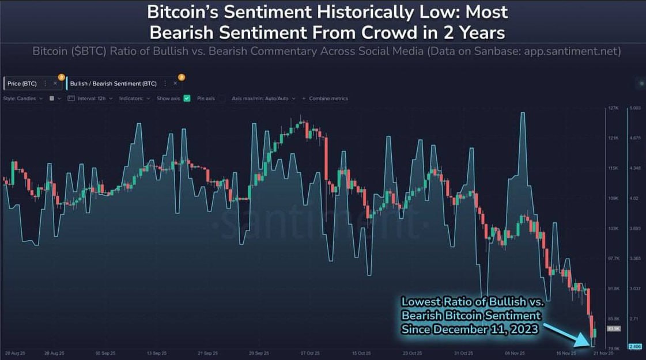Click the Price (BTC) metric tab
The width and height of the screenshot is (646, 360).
pyautogui.click(x=22, y=84)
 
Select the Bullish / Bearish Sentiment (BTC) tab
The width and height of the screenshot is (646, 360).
pyautogui.click(x=113, y=84)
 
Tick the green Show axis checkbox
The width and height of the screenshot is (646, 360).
pyautogui.click(x=187, y=98)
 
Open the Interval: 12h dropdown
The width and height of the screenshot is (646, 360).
pyautogui.click(x=92, y=98)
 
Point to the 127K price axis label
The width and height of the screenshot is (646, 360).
pyautogui.click(x=613, y=108)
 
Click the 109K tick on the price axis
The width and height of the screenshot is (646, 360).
pyautogui.click(x=613, y=199)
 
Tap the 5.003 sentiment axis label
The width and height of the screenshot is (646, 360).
pyautogui.click(x=634, y=108)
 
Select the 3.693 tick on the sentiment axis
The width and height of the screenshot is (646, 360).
pyautogui.click(x=634, y=229)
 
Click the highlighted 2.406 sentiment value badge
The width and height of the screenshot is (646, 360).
pyautogui.click(x=634, y=346)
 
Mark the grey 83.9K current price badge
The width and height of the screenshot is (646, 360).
pyautogui.click(x=613, y=328)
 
